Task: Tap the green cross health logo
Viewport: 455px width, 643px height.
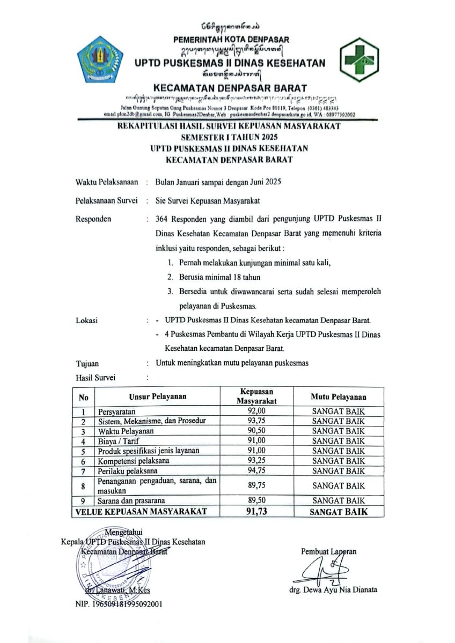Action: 359,59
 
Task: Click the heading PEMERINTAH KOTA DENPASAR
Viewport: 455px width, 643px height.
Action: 231,39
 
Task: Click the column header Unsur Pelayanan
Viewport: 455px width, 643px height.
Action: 157,397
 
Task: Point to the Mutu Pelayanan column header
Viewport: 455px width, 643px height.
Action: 339,397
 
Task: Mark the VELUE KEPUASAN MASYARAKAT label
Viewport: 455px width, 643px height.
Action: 142,512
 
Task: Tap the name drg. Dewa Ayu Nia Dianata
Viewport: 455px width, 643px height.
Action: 335,590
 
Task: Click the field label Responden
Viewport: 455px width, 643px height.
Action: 94,219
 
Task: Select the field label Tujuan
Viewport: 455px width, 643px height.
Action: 87,363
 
